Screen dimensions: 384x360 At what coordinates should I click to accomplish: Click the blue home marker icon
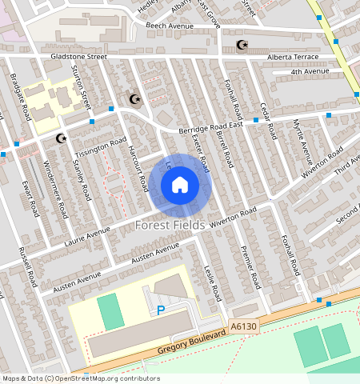click(x=180, y=186)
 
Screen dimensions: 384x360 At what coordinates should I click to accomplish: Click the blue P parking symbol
click(x=161, y=310)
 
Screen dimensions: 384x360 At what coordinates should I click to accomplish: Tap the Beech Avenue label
click(x=170, y=26)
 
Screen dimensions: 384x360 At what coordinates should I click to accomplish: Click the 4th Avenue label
click(x=310, y=72)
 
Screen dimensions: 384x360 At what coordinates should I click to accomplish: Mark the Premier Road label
click(x=251, y=266)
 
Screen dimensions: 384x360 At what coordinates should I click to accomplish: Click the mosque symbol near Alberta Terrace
click(x=242, y=45)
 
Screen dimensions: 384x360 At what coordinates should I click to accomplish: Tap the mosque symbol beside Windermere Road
click(x=59, y=138)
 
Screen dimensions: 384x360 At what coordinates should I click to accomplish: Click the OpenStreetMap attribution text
click(x=81, y=378)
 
